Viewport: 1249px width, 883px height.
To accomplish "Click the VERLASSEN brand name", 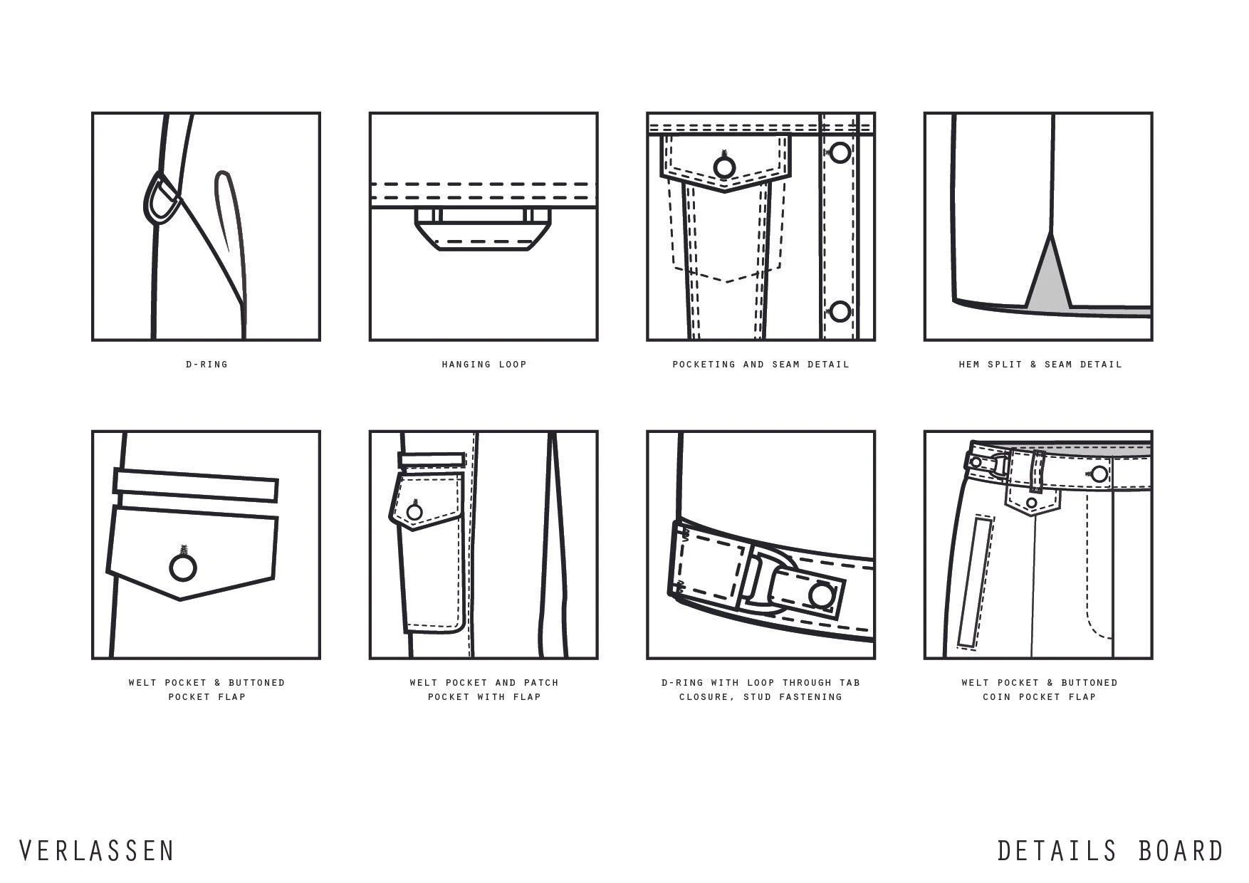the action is click(96, 851).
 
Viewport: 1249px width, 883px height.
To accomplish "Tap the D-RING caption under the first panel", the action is click(207, 365).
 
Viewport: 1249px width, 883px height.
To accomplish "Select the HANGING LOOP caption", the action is click(484, 365).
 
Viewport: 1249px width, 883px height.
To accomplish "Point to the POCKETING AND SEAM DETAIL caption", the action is click(761, 365).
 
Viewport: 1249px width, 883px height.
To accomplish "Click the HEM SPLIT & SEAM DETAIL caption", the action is click(1040, 365).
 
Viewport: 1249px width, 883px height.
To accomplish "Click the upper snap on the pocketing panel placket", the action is click(840, 152).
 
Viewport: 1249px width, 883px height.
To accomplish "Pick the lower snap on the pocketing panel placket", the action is click(840, 311).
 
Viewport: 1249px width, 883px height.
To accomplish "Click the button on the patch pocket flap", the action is click(415, 511).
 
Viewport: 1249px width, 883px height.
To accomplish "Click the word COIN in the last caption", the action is click(996, 697).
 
